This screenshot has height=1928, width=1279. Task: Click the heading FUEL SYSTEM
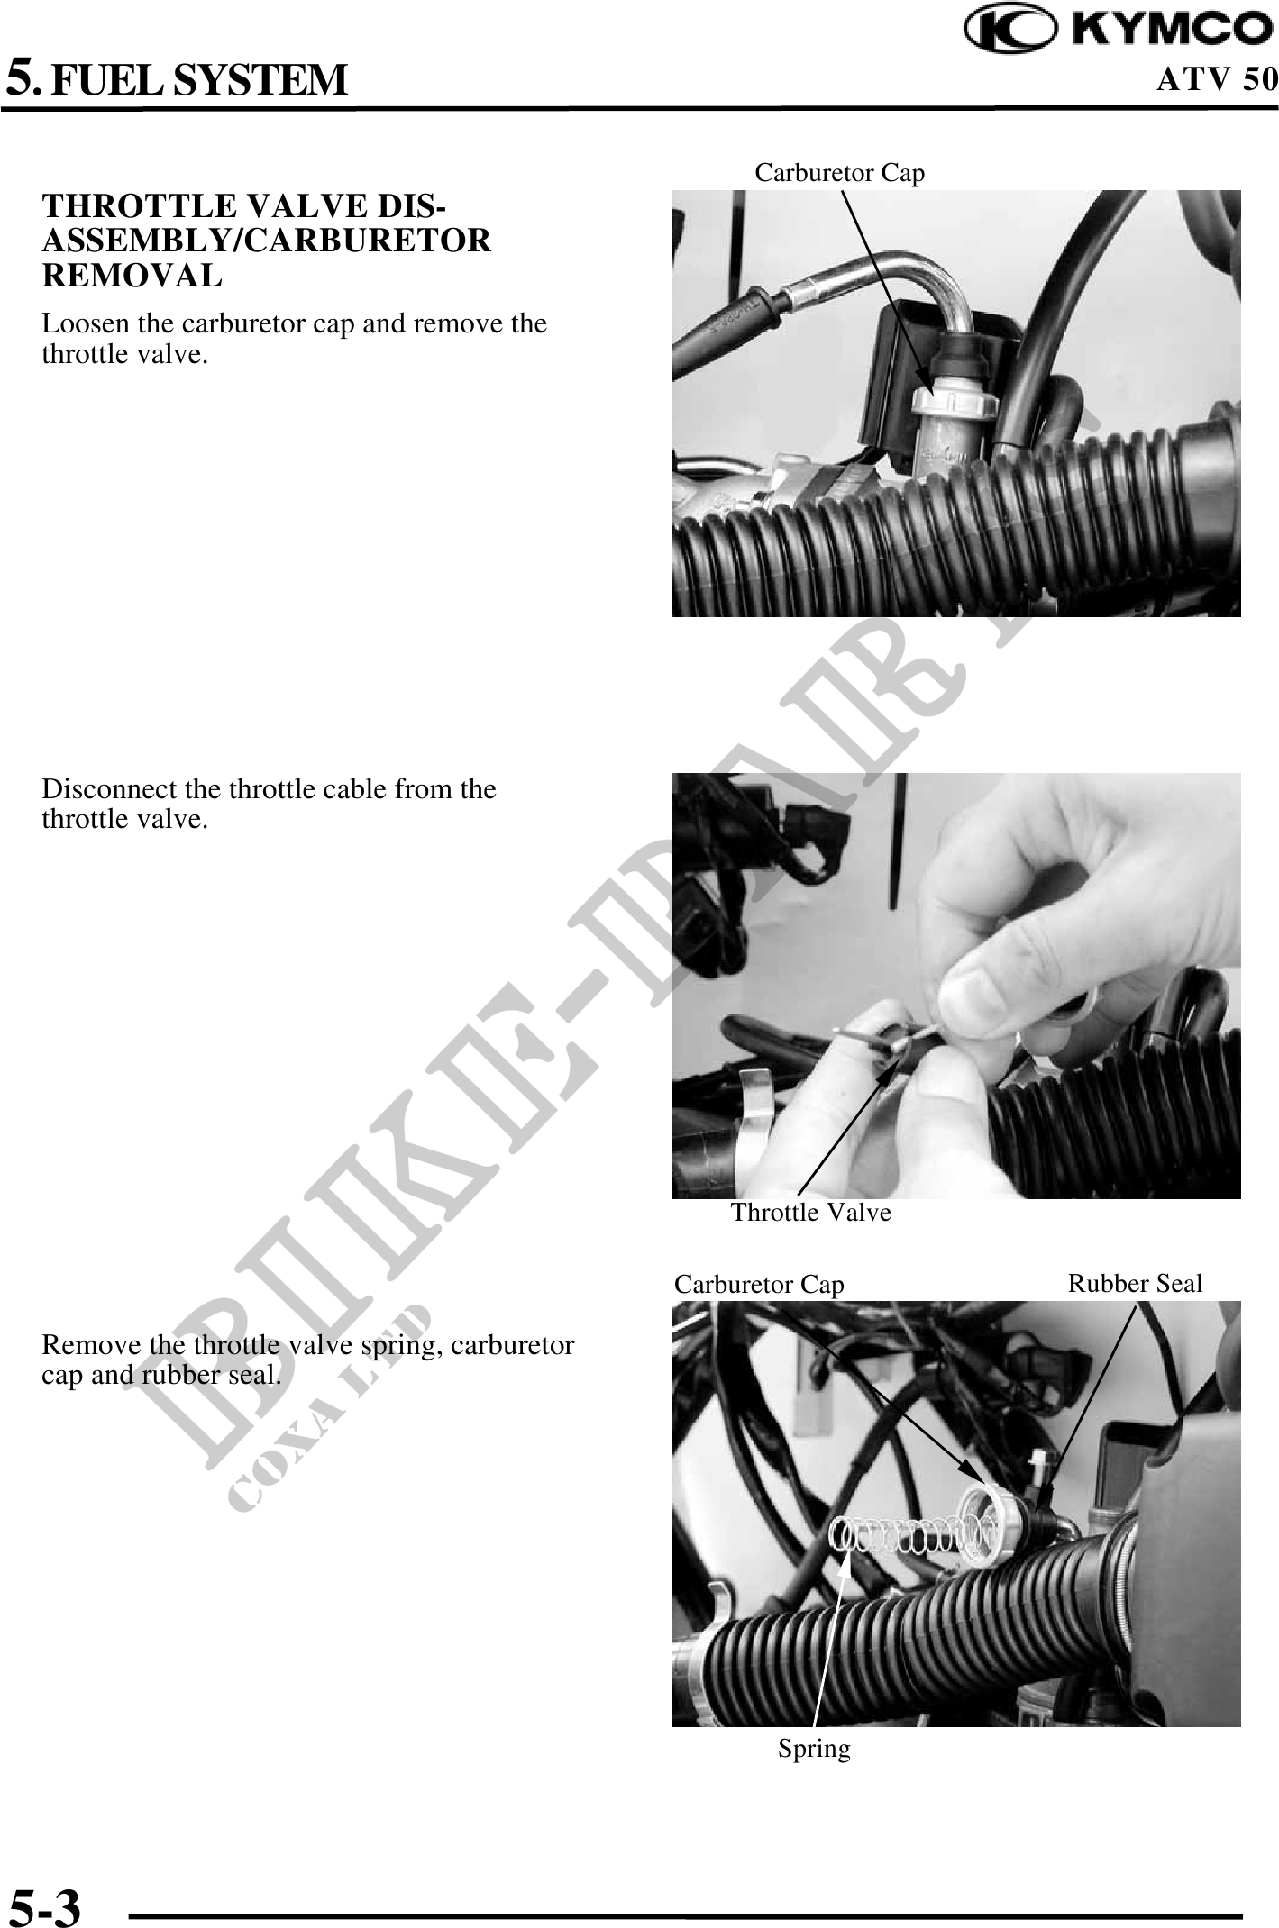coord(198,79)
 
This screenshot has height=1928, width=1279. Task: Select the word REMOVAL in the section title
coord(132,276)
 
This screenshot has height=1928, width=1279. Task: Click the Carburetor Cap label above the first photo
coord(839,172)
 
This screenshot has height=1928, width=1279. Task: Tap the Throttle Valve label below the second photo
coord(810,1213)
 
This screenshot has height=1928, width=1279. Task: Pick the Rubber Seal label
coord(1135,1283)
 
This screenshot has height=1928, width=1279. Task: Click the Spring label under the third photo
coord(814,1749)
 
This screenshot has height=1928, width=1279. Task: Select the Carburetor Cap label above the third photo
coord(759,1285)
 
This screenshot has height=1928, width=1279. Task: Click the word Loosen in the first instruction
coord(82,323)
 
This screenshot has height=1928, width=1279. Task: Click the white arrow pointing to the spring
coord(830,1640)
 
